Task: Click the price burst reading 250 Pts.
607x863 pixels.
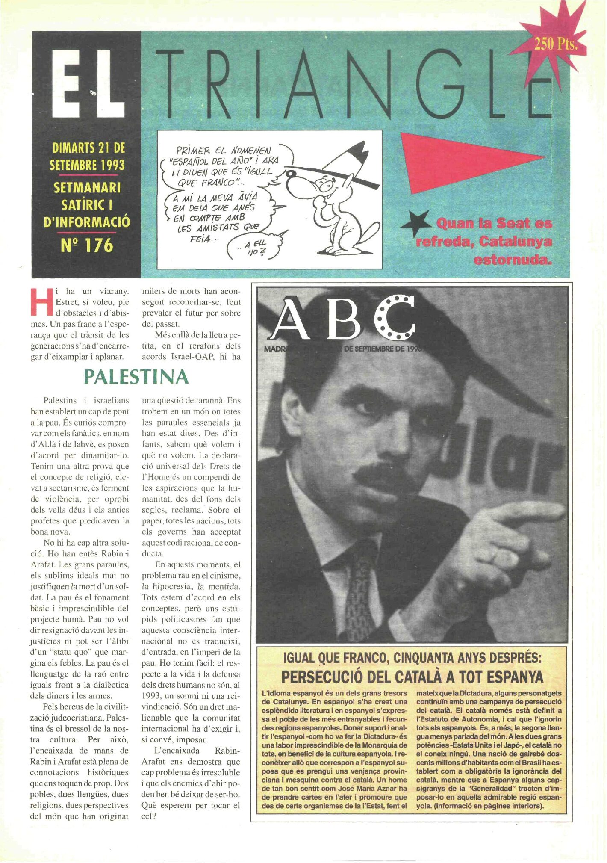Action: pyautogui.click(x=555, y=44)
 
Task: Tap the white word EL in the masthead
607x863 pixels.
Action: pyautogui.click(x=89, y=83)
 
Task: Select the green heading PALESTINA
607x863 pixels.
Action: pyautogui.click(x=136, y=377)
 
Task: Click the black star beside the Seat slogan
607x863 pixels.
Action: pyautogui.click(x=416, y=223)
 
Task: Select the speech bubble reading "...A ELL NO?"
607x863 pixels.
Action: pyautogui.click(x=256, y=248)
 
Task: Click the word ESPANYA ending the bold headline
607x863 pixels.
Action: pyautogui.click(x=515, y=677)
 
